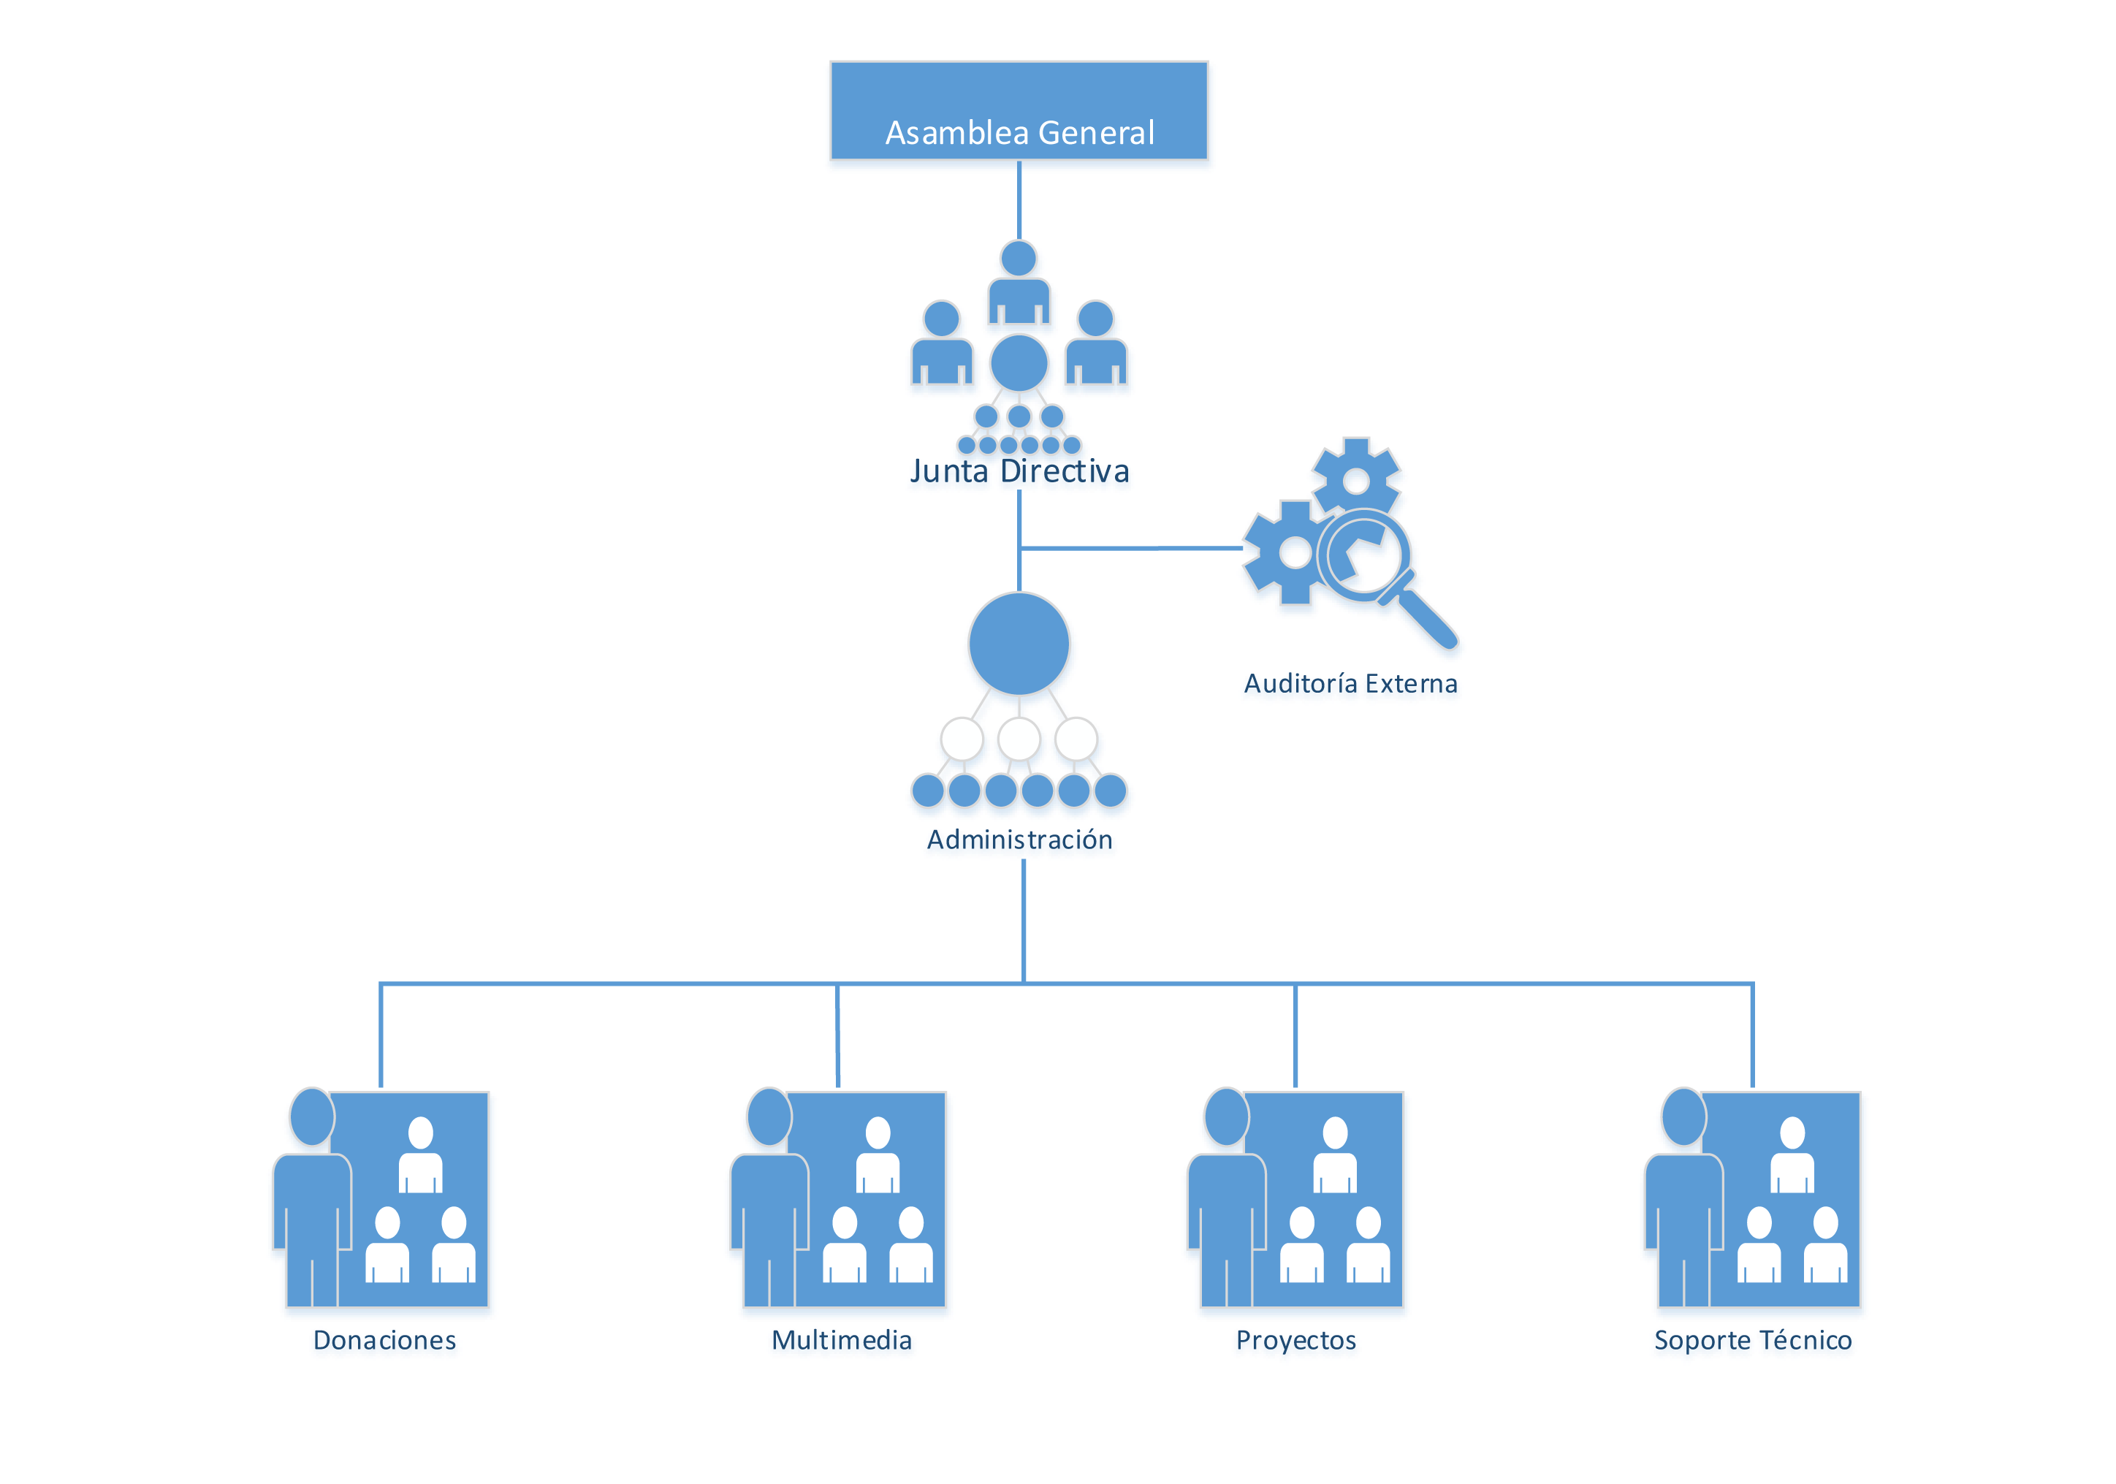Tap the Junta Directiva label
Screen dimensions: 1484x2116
coord(1019,472)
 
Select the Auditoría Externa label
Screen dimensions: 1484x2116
coord(1351,685)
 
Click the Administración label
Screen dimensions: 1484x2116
coord(1020,840)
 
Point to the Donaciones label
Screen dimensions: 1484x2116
coord(385,1341)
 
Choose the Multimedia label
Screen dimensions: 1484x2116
coord(842,1341)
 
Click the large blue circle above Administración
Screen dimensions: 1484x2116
coord(1019,644)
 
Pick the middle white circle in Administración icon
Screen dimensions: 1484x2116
coord(1019,738)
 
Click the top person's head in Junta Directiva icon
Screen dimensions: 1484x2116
coord(1019,259)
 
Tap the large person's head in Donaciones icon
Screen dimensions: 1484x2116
coord(311,1116)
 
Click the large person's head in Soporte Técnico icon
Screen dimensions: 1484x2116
coord(1683,1116)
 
